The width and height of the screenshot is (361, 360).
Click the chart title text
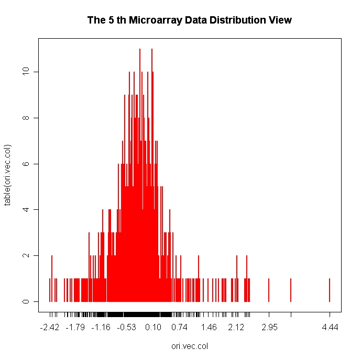pyautogui.click(x=189, y=21)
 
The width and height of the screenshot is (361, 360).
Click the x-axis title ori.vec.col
pyautogui.click(x=190, y=346)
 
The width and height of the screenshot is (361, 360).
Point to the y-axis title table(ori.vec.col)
pyautogui.click(x=8, y=175)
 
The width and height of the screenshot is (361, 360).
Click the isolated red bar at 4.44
pyautogui.click(x=330, y=290)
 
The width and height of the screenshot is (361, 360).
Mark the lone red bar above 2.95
pyautogui.click(x=269, y=290)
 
